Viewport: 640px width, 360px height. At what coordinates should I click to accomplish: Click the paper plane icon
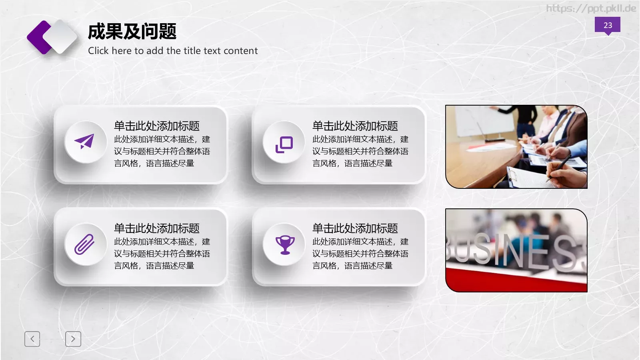click(84, 141)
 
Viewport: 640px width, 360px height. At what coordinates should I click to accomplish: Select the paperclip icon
click(84, 244)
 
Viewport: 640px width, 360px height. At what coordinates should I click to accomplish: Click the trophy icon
click(285, 244)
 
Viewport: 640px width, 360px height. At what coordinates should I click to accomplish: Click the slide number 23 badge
click(607, 25)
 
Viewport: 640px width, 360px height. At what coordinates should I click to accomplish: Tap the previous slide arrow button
click(32, 339)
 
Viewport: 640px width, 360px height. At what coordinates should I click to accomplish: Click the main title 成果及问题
click(132, 32)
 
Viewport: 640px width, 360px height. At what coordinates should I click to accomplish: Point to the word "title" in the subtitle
click(192, 51)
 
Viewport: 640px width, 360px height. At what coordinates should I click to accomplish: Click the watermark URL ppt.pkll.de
click(591, 8)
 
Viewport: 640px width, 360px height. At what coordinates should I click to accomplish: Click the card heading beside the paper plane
click(157, 126)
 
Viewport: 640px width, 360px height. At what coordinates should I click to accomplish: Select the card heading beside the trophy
click(355, 228)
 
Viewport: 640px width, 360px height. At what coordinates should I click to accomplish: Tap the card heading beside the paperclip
click(157, 228)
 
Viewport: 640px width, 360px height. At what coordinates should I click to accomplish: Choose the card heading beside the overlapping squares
click(355, 126)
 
